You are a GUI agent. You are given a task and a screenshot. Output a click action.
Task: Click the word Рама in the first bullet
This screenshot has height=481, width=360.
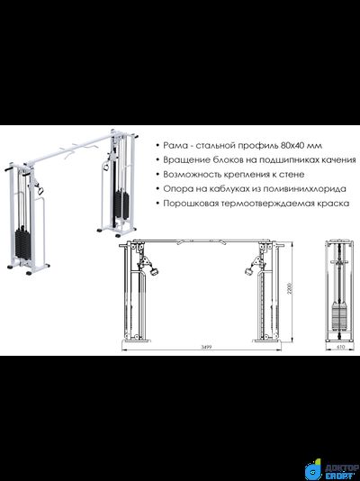pos(177,145)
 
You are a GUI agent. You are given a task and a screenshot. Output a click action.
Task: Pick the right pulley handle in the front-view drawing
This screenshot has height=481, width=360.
pos(249,268)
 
